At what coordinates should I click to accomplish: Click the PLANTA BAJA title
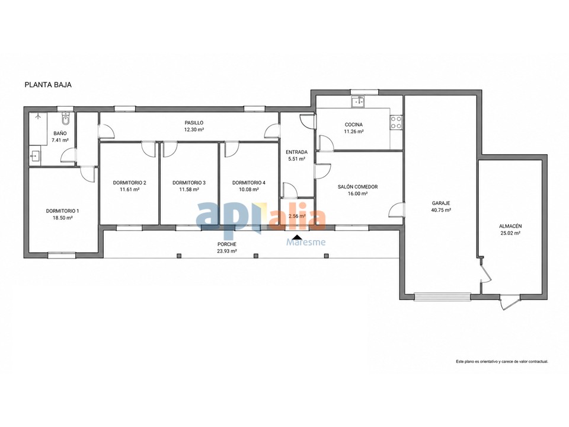(x=48, y=85)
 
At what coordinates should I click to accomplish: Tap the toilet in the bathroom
(x=66, y=118)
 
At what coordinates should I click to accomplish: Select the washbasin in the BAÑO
(x=36, y=157)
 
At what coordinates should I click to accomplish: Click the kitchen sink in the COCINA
(x=359, y=101)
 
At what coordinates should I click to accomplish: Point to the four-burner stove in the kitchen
(x=397, y=122)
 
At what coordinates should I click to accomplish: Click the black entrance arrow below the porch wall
(x=297, y=237)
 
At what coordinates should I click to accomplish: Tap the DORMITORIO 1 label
(x=62, y=211)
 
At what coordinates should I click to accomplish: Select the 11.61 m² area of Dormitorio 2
(x=130, y=190)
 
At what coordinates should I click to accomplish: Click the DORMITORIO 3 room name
(x=189, y=183)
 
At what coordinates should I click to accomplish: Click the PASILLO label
(x=194, y=123)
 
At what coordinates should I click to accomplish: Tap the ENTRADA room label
(x=296, y=152)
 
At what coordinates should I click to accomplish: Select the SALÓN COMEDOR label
(x=357, y=187)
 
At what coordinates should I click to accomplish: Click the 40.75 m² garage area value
(x=441, y=210)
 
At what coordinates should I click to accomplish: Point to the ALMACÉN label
(x=510, y=226)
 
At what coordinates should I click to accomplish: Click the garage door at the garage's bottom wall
(x=442, y=297)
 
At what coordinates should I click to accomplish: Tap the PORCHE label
(x=226, y=244)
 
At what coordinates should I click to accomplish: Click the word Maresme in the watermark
(x=306, y=242)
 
